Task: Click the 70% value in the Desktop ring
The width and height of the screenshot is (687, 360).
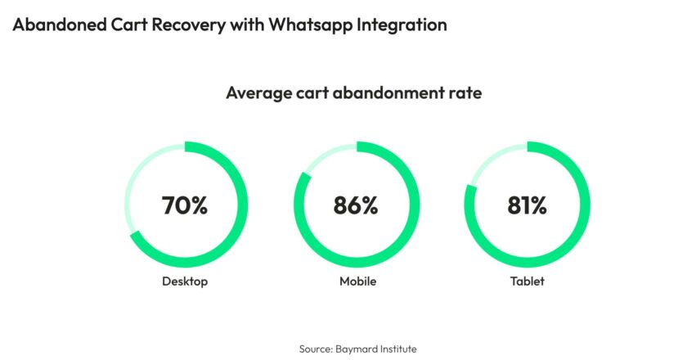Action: (x=185, y=205)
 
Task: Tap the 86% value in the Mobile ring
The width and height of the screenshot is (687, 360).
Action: (x=355, y=205)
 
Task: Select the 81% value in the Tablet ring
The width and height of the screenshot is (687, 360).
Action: (x=527, y=205)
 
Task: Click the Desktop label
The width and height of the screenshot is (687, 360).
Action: (x=185, y=281)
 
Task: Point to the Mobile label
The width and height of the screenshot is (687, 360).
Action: (x=358, y=281)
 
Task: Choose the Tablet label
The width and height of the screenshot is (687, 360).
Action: (x=527, y=281)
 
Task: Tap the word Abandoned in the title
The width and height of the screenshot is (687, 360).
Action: (x=60, y=25)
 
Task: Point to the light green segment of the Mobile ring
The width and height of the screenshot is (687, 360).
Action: (x=326, y=155)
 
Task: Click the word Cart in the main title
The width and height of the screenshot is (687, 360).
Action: (x=129, y=25)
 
